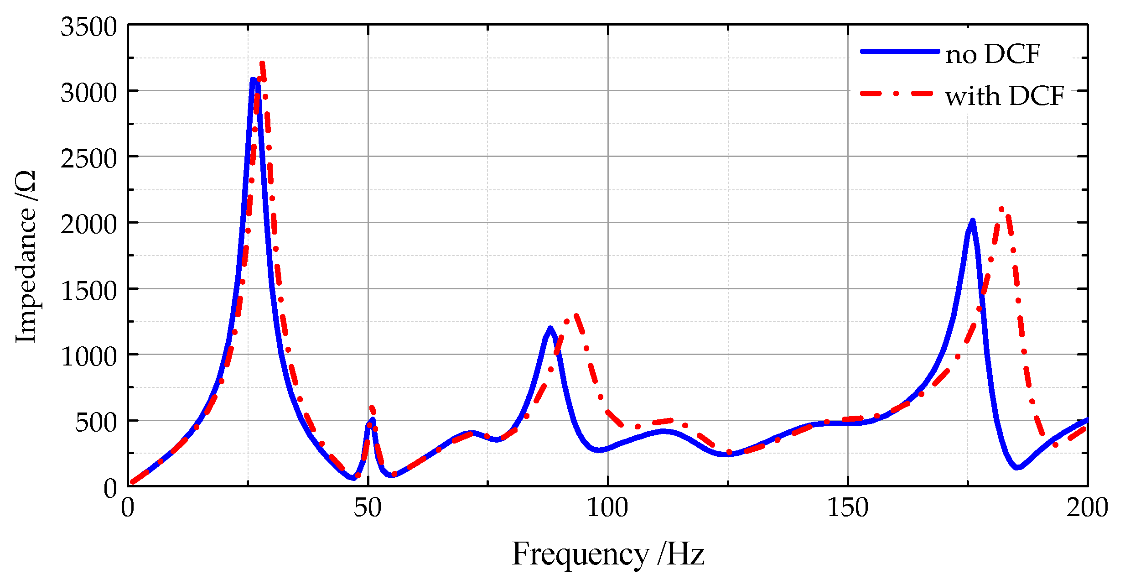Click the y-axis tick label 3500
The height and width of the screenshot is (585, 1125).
[x=89, y=27]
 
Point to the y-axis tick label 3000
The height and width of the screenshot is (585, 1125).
[x=89, y=94]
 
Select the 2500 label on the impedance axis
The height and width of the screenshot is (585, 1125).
[x=89, y=159]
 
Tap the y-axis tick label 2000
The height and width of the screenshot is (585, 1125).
[x=89, y=225]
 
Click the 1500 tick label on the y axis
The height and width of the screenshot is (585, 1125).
[x=89, y=291]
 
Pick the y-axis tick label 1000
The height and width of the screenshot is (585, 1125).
[x=89, y=357]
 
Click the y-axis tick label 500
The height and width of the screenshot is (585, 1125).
[x=96, y=423]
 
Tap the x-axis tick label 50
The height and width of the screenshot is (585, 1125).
[x=368, y=508]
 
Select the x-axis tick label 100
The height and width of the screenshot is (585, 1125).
[x=607, y=508]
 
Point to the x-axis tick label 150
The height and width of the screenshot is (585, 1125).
[x=848, y=508]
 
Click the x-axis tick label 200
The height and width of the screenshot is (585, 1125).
[x=1087, y=508]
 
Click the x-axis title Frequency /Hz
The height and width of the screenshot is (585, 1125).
[x=608, y=554]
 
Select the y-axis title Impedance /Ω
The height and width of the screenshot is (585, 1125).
[x=26, y=256]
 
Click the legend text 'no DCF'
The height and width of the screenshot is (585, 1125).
[x=993, y=54]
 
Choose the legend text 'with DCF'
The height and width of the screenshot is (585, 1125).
[x=1005, y=96]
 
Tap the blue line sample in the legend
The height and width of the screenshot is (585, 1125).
[x=899, y=52]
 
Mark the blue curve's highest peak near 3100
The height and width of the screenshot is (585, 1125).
[x=254, y=80]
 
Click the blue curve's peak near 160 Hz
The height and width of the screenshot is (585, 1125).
[x=972, y=222]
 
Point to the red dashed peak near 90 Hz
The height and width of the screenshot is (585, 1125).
[x=576, y=315]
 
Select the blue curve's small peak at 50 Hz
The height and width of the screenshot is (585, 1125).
[x=372, y=420]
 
